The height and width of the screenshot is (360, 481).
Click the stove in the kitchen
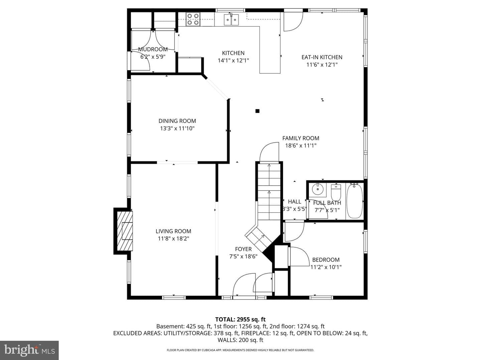pyautogui.click(x=193, y=19)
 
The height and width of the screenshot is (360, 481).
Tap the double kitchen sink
pyautogui.click(x=231, y=20)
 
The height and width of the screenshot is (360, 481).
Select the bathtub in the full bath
pyautogui.click(x=355, y=201)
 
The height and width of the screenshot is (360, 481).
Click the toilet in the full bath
pyautogui.click(x=336, y=192)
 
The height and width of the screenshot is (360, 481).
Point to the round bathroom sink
pyautogui.click(x=317, y=189)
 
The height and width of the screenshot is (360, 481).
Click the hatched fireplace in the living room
pyautogui.click(x=125, y=231)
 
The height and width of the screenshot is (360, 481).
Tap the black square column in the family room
pyautogui.click(x=258, y=111)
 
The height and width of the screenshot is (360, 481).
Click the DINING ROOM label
pyautogui.click(x=177, y=121)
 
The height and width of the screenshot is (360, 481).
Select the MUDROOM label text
pyautogui.click(x=153, y=49)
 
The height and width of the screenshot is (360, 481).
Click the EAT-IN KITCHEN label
pyautogui.click(x=322, y=57)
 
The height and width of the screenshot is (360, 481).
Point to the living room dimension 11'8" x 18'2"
pyautogui.click(x=173, y=238)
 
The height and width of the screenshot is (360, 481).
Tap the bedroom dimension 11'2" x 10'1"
pyautogui.click(x=326, y=267)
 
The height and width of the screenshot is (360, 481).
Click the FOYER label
pyautogui.click(x=243, y=249)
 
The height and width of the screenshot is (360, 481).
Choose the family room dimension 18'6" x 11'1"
pyautogui.click(x=301, y=146)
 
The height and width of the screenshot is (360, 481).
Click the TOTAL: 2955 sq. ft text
pyautogui.click(x=240, y=320)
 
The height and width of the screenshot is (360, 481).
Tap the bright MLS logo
pyautogui.click(x=29, y=350)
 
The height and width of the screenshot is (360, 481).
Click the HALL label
pyautogui.click(x=295, y=202)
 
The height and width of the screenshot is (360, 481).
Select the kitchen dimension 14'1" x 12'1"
pyautogui.click(x=233, y=61)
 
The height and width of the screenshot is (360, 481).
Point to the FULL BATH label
pyautogui.click(x=327, y=203)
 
